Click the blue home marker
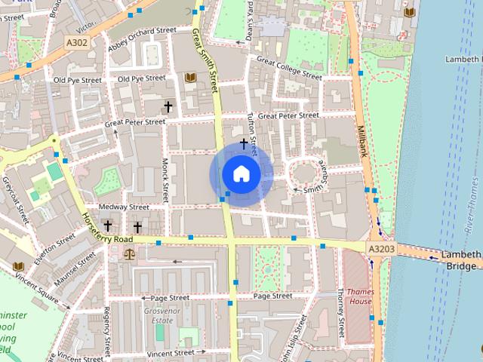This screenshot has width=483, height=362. point(241,174)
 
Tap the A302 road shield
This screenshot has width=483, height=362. point(75,43)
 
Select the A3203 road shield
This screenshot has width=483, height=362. point(382,248)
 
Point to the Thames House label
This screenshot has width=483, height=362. point(358,296)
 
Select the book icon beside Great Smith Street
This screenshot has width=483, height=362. point(189,78)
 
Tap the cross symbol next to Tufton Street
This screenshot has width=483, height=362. point(244,142)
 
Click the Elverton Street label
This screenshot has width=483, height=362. point(54,246)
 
